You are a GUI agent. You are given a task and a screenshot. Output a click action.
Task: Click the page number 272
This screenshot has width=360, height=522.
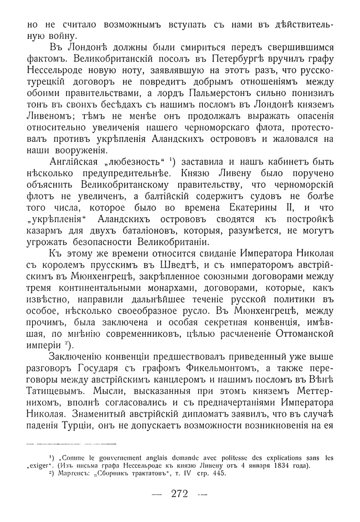180,495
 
